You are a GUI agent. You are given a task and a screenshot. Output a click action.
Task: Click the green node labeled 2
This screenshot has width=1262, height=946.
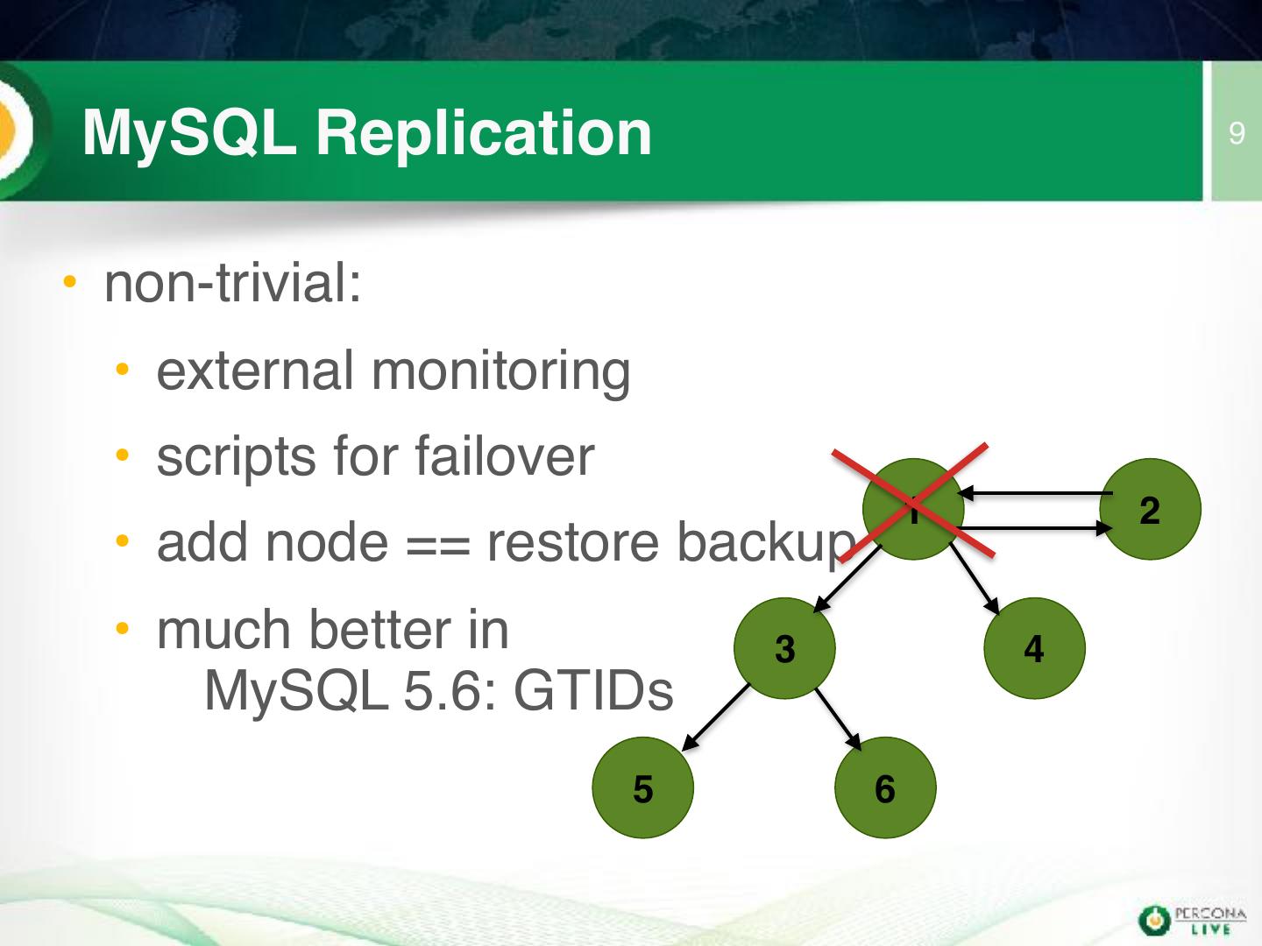pos(1150,509)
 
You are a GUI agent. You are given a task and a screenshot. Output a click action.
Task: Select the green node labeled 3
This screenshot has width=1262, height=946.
pos(784,648)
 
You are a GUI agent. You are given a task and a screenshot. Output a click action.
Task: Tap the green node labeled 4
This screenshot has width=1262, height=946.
pos(1034,648)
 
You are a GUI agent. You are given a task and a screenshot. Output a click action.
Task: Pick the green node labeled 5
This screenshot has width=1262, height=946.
pos(642,787)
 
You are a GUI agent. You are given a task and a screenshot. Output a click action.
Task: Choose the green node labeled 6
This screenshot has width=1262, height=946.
pos(885,787)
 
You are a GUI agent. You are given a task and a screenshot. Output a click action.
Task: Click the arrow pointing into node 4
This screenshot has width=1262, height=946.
pos(975,578)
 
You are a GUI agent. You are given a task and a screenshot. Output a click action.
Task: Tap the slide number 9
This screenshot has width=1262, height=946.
pos(1236,133)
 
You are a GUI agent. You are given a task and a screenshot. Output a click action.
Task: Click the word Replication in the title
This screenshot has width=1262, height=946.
pos(484,134)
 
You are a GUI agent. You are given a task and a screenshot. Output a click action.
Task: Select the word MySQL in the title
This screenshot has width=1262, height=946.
pos(189,134)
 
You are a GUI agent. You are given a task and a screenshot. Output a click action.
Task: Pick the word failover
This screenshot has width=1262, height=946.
pos(504,457)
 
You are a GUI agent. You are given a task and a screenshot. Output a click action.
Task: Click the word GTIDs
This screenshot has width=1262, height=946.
pos(592,691)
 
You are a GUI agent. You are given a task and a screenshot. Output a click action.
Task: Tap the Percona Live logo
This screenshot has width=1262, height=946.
pos(1192,920)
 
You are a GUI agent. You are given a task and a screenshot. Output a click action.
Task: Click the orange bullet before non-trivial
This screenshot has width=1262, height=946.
pos(69,282)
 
